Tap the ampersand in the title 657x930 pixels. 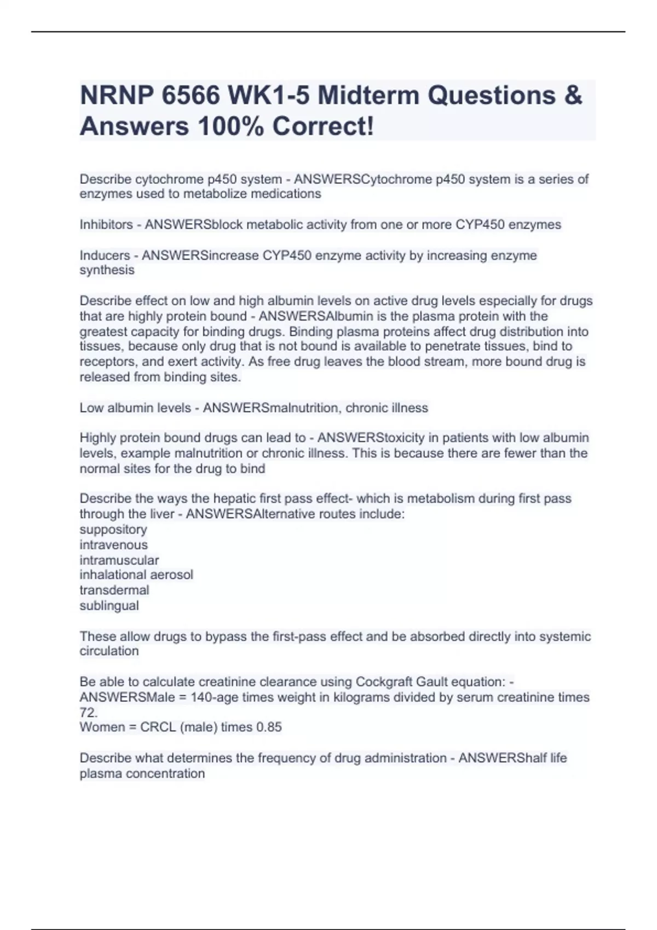(572, 96)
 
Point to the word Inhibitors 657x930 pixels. (106, 225)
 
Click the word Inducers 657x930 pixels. (105, 255)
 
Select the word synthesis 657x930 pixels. (107, 270)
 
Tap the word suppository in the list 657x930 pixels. (113, 530)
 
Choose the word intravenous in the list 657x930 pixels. (113, 545)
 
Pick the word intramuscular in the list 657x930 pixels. (119, 560)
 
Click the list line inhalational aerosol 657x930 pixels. (136, 575)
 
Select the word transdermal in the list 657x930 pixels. (114, 590)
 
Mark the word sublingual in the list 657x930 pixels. (109, 606)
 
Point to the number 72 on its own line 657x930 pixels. (88, 713)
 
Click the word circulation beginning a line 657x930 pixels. (109, 652)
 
